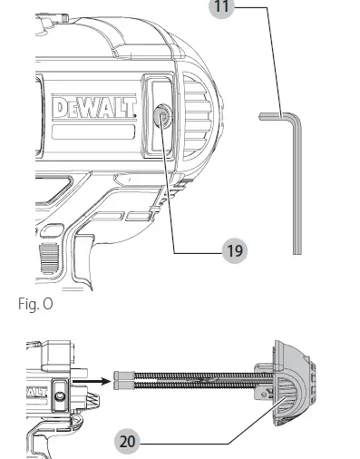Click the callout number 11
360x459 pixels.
pos(219,7)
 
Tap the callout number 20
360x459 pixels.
pos(129,442)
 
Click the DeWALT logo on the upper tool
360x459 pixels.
pos(94,108)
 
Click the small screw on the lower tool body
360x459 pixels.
pos(57,396)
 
